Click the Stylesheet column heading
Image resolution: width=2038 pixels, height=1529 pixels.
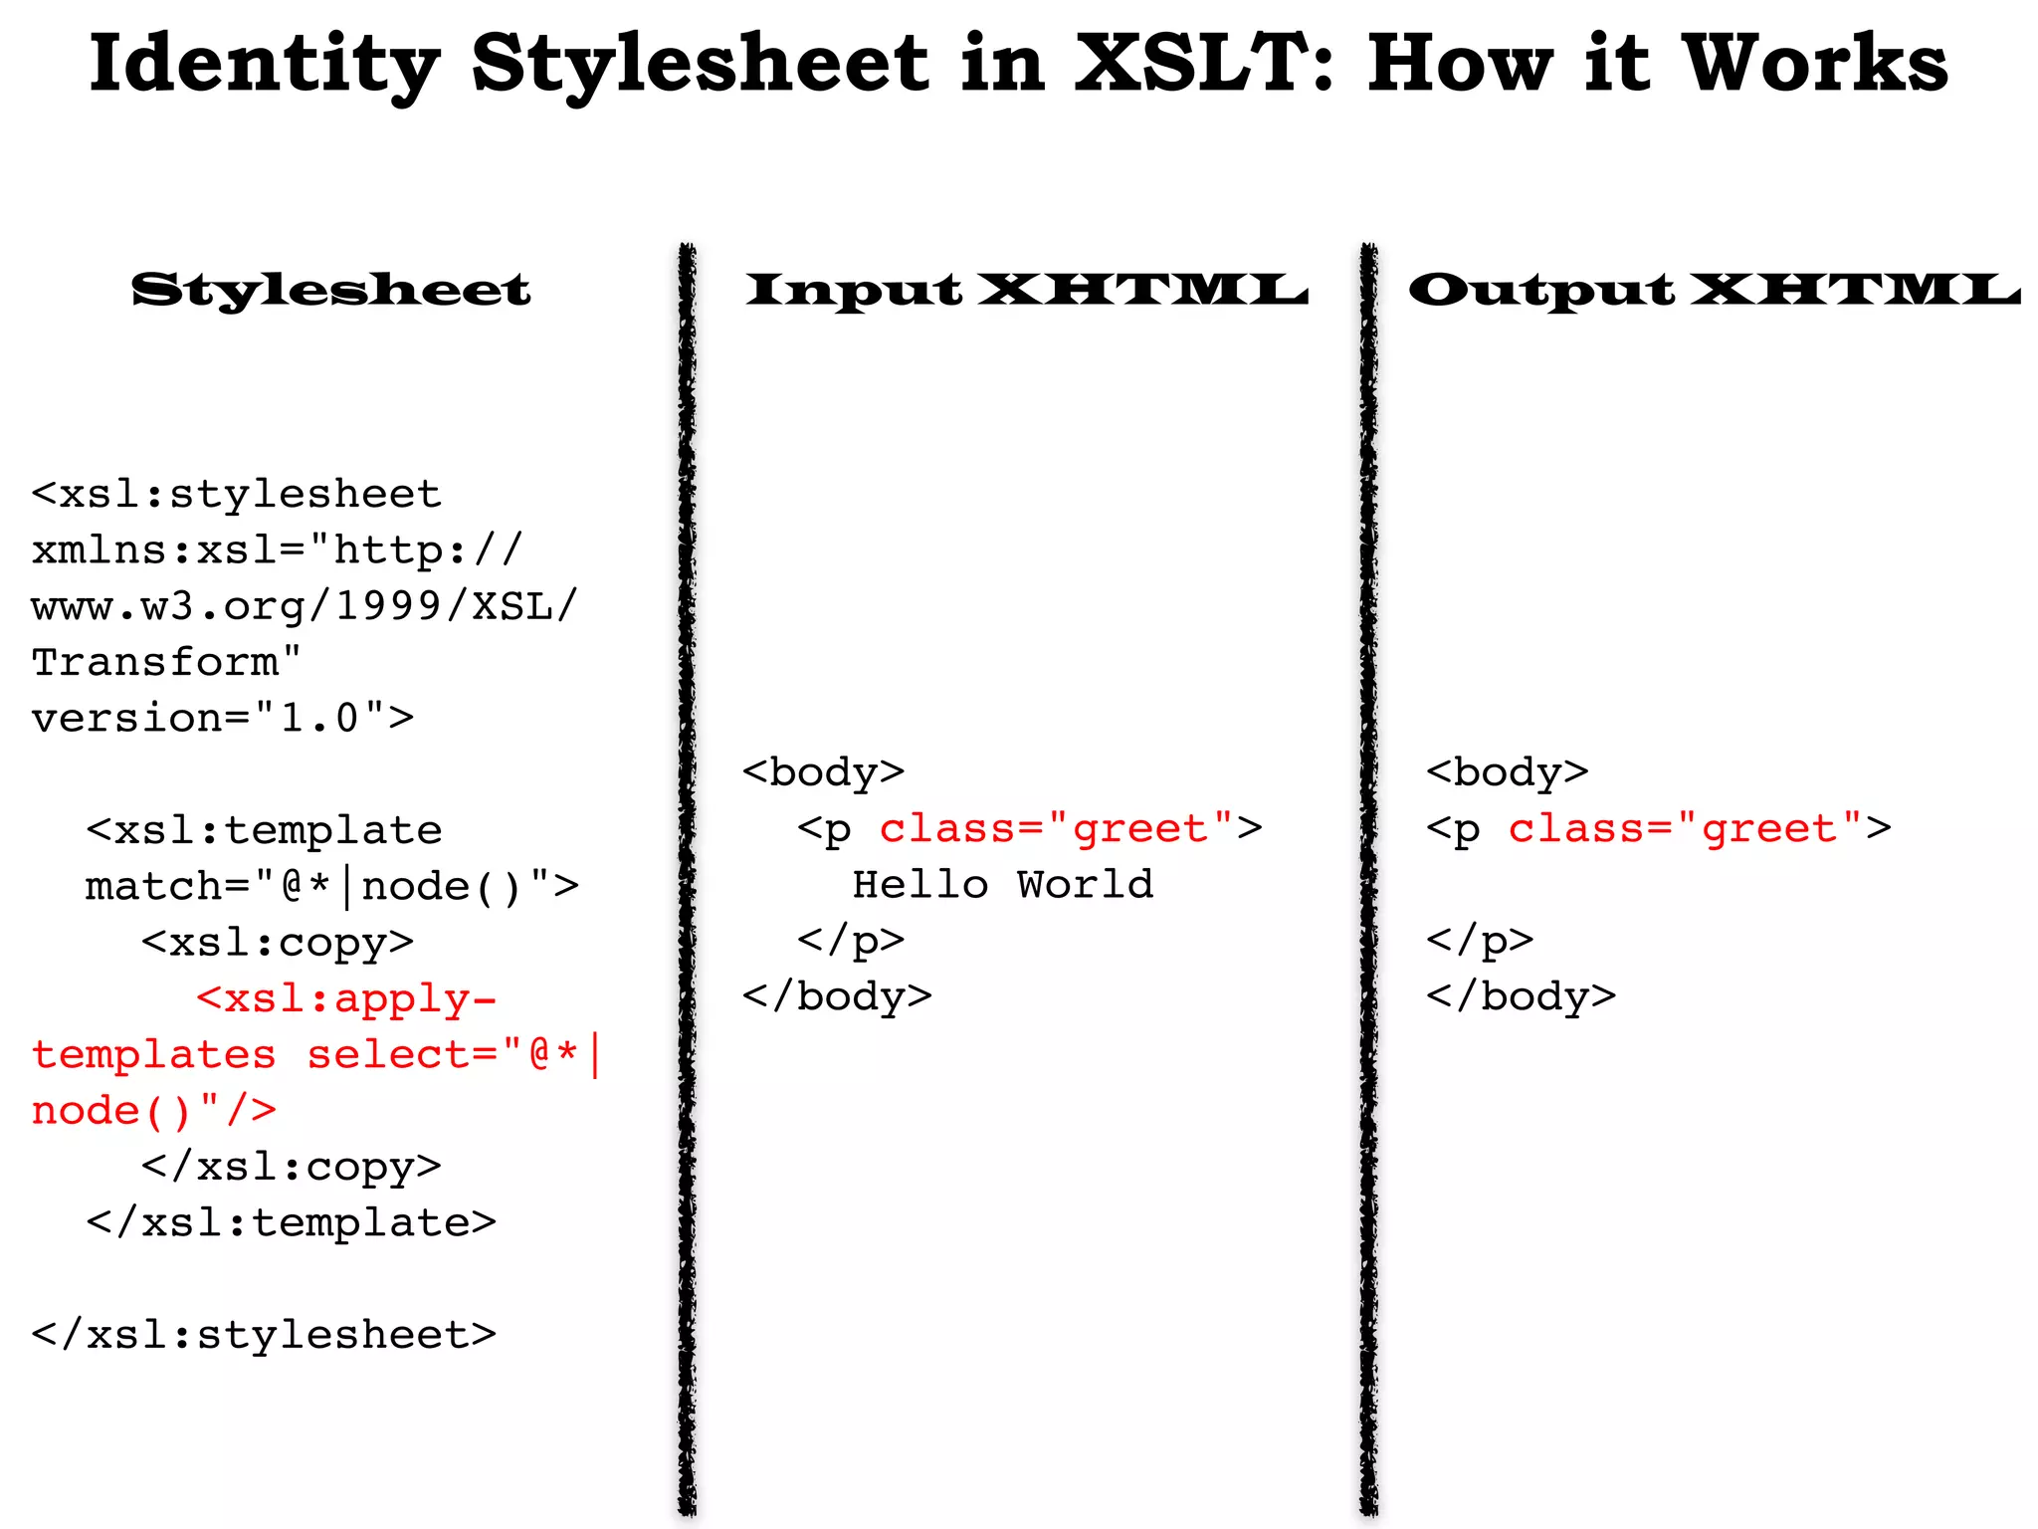click(331, 290)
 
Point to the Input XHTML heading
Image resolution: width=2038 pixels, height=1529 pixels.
click(1027, 290)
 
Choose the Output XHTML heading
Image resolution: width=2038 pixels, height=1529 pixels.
click(1714, 290)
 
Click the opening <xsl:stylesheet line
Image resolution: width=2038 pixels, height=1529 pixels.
click(236, 495)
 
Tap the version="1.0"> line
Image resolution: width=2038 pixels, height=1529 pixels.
click(222, 718)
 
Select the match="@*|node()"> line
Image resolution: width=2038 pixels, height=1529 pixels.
click(331, 886)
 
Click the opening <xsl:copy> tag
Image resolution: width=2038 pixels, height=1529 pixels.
click(277, 942)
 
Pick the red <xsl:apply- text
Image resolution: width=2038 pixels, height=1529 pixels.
click(345, 998)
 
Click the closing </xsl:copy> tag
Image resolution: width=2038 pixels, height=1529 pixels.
click(291, 1166)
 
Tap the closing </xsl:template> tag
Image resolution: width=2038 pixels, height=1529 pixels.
click(291, 1222)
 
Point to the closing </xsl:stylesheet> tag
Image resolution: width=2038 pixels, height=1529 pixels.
click(264, 1334)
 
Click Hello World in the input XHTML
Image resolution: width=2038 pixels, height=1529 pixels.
click(1003, 884)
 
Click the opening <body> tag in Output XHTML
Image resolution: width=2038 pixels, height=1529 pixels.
click(1507, 772)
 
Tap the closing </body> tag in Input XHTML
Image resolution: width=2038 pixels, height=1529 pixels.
click(837, 995)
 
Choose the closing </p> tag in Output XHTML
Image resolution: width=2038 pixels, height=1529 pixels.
click(1480, 940)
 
